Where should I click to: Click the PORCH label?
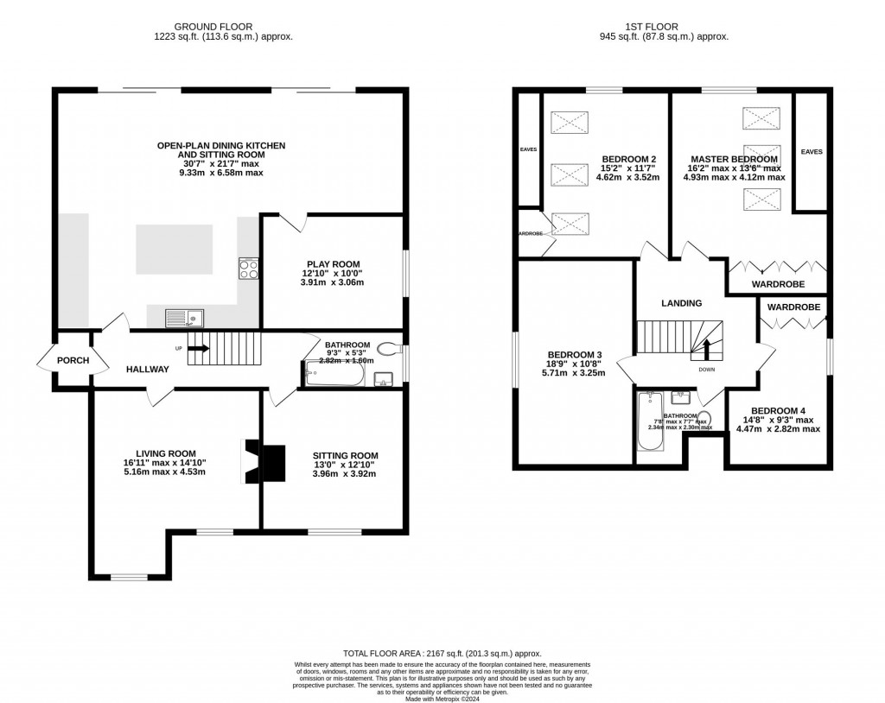(73, 360)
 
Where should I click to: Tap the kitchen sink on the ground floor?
(183, 318)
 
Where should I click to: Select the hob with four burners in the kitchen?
(248, 269)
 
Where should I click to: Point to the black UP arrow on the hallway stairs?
(197, 348)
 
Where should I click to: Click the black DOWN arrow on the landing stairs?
(706, 349)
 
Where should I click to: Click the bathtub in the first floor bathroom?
(649, 422)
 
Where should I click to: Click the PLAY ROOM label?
(333, 264)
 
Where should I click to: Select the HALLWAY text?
(147, 370)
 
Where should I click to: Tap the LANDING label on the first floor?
(681, 303)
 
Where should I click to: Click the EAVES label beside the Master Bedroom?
(812, 152)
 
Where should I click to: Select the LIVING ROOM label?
(165, 453)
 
